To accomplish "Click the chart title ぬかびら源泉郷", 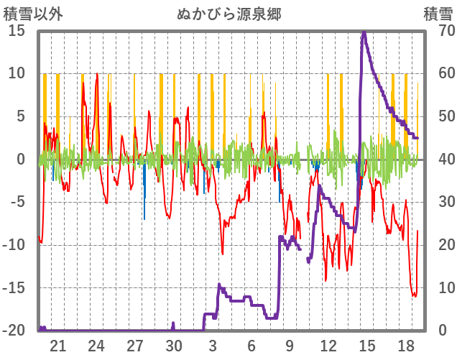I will click(228, 14).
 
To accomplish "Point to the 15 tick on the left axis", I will click(16, 31).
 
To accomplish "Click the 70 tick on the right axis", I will click(438, 31).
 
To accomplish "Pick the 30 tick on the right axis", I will click(438, 202).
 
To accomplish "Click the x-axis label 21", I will click(58, 346).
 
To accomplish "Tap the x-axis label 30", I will click(174, 346).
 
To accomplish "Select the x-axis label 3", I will click(213, 346).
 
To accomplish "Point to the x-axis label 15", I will click(367, 346).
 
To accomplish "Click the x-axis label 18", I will click(406, 346).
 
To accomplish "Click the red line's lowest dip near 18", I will click(414, 296).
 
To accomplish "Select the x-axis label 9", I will click(290, 346).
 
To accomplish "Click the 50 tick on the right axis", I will click(438, 116).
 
